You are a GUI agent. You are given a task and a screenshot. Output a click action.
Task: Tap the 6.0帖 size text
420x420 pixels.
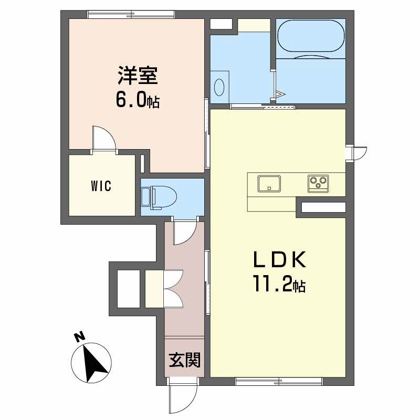pos(138,99)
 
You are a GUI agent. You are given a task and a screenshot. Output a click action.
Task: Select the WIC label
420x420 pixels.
pos(101,186)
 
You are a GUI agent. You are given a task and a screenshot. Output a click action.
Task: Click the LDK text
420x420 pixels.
pos(280,259)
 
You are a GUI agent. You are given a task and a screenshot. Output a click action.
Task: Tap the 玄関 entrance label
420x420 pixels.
pos(185,360)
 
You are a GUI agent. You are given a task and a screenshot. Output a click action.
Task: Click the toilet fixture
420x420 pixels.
pos(159,198)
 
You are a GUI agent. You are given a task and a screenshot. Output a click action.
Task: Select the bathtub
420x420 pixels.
pos(311,36)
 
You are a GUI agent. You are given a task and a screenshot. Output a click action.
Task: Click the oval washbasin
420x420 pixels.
pos(219,87)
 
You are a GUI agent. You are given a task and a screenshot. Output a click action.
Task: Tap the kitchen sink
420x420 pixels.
pos(269,183)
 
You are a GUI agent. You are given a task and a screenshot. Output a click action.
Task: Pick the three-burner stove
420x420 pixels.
pos(318,183)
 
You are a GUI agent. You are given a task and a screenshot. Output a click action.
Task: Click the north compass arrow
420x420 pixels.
pos(93,364)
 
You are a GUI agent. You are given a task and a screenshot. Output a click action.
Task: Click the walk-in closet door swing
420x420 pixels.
pos(104,139)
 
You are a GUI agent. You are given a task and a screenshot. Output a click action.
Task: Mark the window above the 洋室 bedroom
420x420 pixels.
pos(131,14)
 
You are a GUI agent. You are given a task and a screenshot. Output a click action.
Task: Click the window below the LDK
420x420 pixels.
pos(279,381)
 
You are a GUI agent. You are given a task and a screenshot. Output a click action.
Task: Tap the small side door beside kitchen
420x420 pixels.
pos(356,153)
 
